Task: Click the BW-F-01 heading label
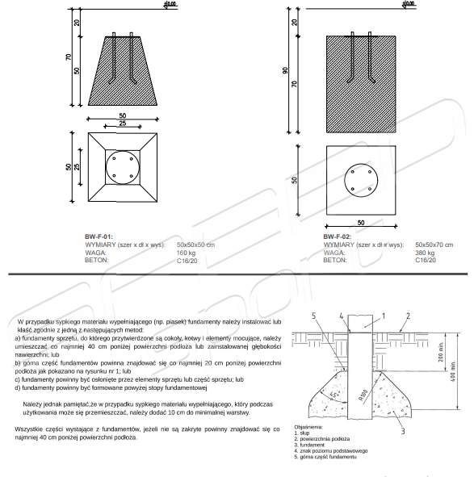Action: [99, 236]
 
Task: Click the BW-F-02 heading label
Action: [338, 236]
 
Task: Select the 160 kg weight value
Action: [186, 253]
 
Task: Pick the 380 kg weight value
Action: [425, 253]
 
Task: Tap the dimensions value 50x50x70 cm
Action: [434, 245]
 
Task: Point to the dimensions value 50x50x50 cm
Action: [195, 245]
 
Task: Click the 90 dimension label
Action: [285, 70]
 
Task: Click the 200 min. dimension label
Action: [441, 352]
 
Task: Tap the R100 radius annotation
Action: [363, 395]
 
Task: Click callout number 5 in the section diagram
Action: [314, 316]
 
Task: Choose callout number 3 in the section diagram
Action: [403, 431]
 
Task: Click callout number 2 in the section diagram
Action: [409, 316]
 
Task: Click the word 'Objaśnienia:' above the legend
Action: [308, 427]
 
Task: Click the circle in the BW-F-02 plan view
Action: [361, 164]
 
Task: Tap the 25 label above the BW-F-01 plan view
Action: [123, 123]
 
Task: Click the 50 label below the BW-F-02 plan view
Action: [361, 223]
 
